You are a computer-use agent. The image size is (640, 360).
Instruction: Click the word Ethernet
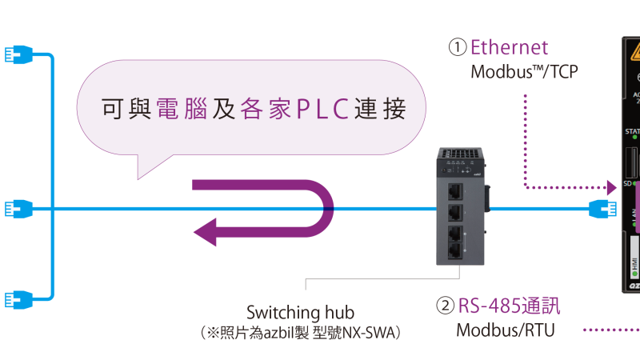(x=510, y=47)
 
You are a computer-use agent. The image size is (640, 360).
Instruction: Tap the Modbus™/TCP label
(x=523, y=72)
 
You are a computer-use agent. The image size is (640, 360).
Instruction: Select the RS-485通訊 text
(x=509, y=306)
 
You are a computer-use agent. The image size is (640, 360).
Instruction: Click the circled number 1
(x=457, y=47)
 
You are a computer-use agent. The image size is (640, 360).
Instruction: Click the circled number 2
(x=445, y=306)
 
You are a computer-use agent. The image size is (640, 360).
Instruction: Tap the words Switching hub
(x=300, y=313)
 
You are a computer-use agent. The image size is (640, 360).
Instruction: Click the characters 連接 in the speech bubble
(x=384, y=109)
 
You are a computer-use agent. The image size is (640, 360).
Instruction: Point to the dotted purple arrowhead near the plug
(x=612, y=187)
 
